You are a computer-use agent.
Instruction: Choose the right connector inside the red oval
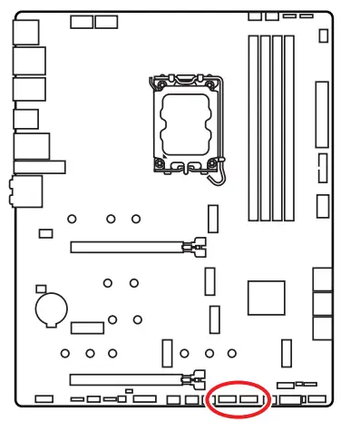(x=250, y=399)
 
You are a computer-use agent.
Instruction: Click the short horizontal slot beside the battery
(x=88, y=326)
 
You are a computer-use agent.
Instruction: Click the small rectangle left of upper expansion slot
(x=44, y=234)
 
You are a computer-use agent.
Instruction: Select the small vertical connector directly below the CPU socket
(x=213, y=219)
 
